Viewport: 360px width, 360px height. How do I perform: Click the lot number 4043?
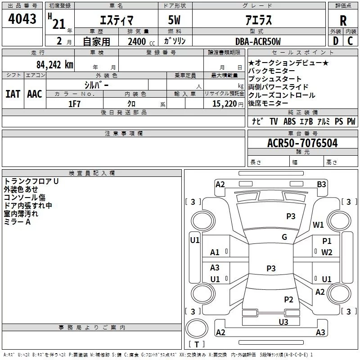pyautogui.click(x=22, y=19)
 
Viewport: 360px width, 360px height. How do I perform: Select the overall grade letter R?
pyautogui.click(x=343, y=21)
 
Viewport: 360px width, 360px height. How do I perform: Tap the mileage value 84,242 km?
pyautogui.click(x=55, y=65)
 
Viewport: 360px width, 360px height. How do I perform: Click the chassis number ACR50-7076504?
pyautogui.click(x=302, y=143)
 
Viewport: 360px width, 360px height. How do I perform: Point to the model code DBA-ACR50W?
pyautogui.click(x=258, y=41)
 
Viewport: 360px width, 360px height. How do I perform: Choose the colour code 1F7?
pyautogui.click(x=74, y=104)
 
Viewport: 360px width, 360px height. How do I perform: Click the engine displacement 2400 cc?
pyautogui.click(x=141, y=41)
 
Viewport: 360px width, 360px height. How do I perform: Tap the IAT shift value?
pyautogui.click(x=13, y=94)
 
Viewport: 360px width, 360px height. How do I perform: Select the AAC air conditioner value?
pyautogui.click(x=35, y=94)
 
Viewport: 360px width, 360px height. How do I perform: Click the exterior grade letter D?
pyautogui.click(x=336, y=41)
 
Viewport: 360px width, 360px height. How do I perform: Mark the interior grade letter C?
pyautogui.click(x=350, y=41)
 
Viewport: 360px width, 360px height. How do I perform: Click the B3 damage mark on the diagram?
pyautogui.click(x=321, y=184)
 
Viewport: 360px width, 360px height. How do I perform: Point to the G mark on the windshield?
pyautogui.click(x=284, y=237)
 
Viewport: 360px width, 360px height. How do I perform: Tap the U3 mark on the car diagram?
pyautogui.click(x=283, y=322)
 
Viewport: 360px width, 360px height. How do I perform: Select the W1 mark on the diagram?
pyautogui.click(x=318, y=225)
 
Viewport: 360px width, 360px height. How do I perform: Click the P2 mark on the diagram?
pyautogui.click(x=288, y=299)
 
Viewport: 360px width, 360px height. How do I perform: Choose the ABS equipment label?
pyautogui.click(x=289, y=121)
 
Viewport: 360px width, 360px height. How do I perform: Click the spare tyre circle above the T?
pyautogui.click(x=197, y=328)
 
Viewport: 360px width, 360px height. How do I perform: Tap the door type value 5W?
pyautogui.click(x=174, y=20)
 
